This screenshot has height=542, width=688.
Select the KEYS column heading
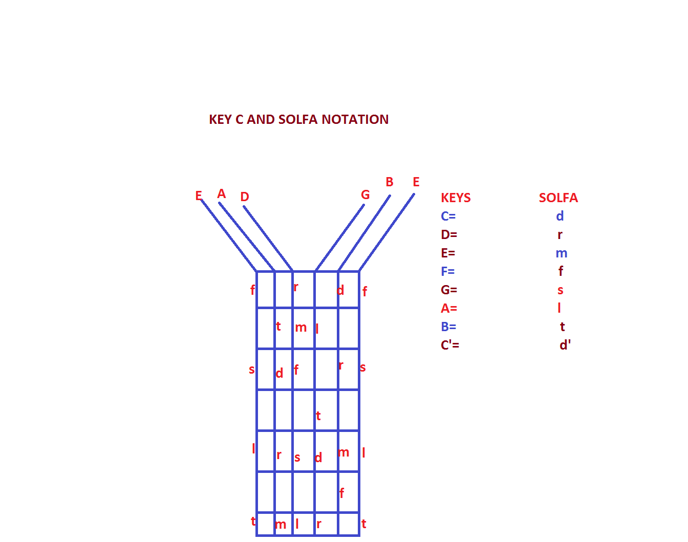(x=456, y=198)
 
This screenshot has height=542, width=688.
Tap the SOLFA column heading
(x=558, y=198)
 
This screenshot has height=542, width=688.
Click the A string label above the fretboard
(x=222, y=194)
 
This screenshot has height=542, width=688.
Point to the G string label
(x=365, y=195)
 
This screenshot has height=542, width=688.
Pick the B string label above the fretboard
(x=390, y=182)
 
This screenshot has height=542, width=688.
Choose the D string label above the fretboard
(x=245, y=197)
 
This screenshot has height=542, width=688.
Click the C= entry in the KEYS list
(x=448, y=216)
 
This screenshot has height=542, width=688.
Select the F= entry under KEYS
(x=447, y=272)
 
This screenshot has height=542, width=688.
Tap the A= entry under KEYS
(x=448, y=309)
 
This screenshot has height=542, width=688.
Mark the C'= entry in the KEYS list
(x=449, y=345)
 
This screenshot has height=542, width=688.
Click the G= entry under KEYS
(x=448, y=290)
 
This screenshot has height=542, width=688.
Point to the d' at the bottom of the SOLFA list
(x=565, y=345)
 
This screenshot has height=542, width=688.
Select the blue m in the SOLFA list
(x=561, y=253)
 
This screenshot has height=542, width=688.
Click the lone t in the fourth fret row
(x=318, y=416)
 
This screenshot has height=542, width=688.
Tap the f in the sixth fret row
(x=341, y=493)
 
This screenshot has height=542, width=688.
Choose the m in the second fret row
(x=300, y=328)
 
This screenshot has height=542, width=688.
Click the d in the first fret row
(x=340, y=290)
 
